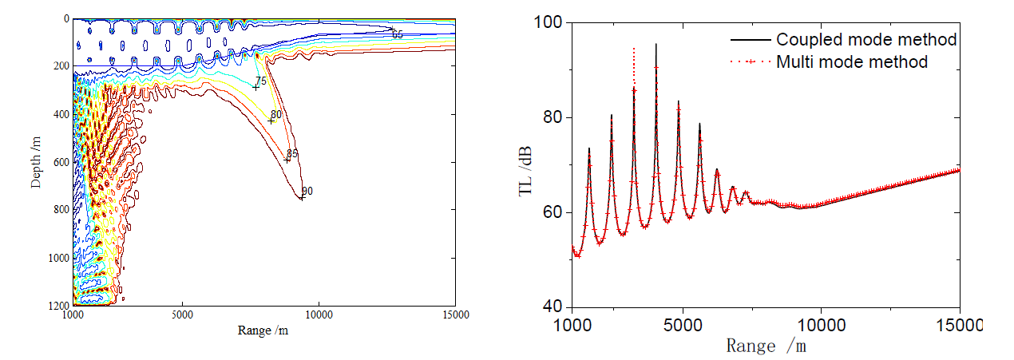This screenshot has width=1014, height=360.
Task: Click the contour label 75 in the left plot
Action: click(260, 81)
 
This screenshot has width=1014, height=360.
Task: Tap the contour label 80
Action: click(276, 115)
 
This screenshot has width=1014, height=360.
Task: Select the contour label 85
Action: click(292, 153)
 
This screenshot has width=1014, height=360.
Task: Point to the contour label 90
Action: click(307, 192)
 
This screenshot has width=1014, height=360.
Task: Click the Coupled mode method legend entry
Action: click(866, 39)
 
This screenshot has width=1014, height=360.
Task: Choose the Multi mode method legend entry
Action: click(852, 61)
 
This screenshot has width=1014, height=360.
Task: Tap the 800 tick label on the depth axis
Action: click(59, 209)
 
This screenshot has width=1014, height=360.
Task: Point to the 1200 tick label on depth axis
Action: click(56, 305)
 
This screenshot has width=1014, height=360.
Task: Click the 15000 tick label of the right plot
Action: click(959, 326)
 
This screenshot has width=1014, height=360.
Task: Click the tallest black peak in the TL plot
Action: click(656, 45)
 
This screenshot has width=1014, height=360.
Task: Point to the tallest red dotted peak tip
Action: click(634, 49)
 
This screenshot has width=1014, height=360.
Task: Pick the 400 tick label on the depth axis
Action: click(59, 113)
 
